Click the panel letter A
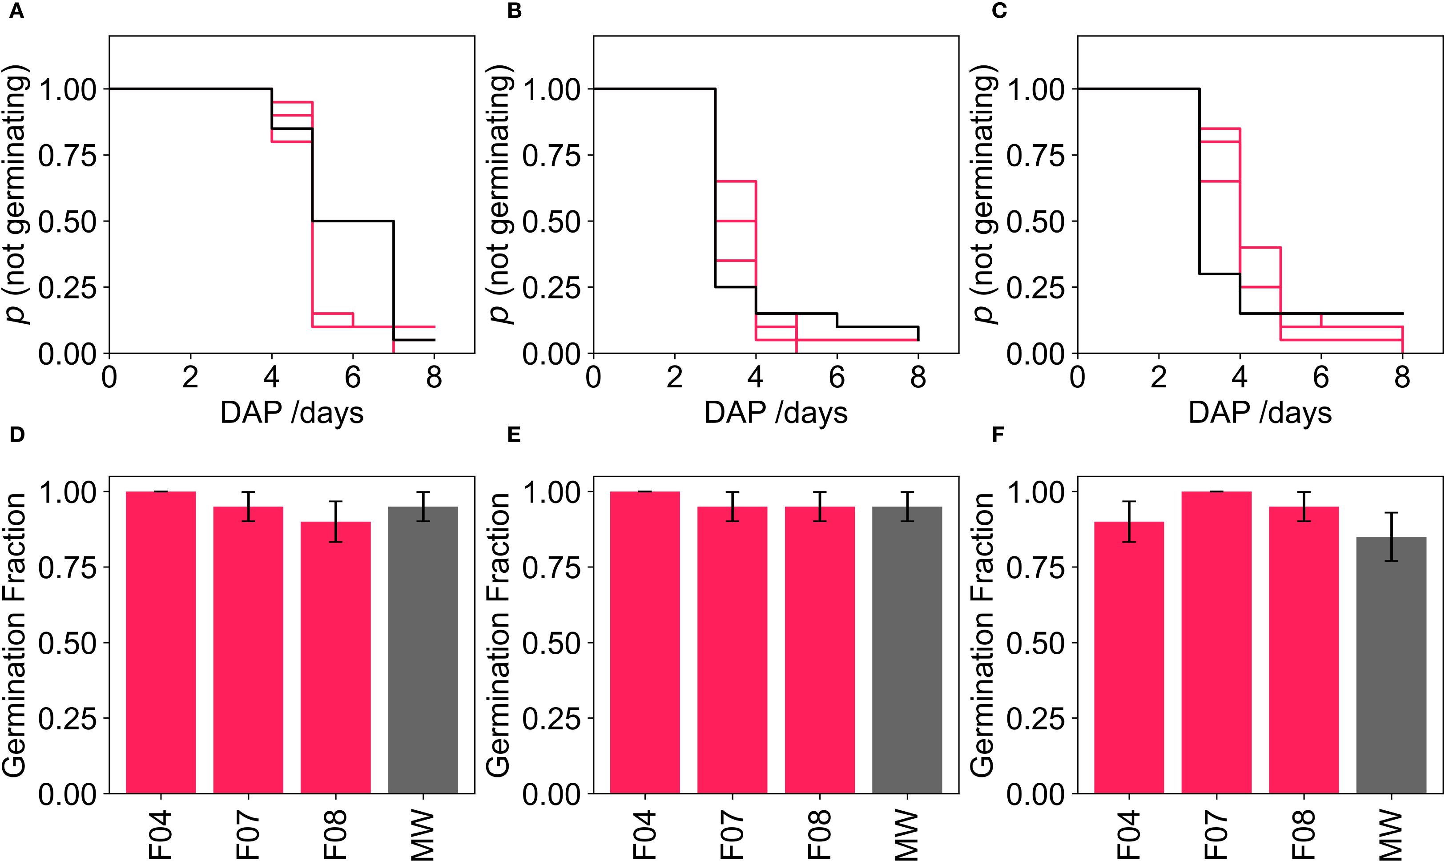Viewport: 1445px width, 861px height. point(17,12)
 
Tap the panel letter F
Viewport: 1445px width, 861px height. point(998,435)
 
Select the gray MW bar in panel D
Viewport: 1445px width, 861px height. point(423,650)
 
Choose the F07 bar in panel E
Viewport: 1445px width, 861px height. point(732,650)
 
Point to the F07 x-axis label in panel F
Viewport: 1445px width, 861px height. point(1216,836)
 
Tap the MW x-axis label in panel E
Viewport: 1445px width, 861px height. point(907,836)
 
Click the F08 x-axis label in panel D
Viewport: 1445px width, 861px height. point(335,836)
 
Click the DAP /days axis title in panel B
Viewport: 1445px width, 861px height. point(776,413)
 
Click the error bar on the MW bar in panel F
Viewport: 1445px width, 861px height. point(1391,537)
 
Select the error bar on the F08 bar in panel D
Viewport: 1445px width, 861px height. point(335,522)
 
